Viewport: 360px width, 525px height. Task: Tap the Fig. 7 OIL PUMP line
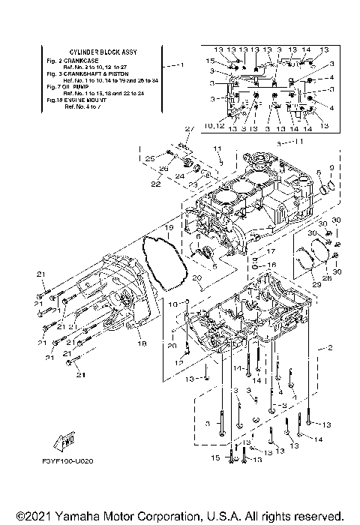point(70,84)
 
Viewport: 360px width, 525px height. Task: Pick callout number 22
point(155,183)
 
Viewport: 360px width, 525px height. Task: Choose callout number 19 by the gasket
point(169,226)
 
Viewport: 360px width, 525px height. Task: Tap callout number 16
point(273,265)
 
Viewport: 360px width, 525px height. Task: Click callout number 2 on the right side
point(328,349)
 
